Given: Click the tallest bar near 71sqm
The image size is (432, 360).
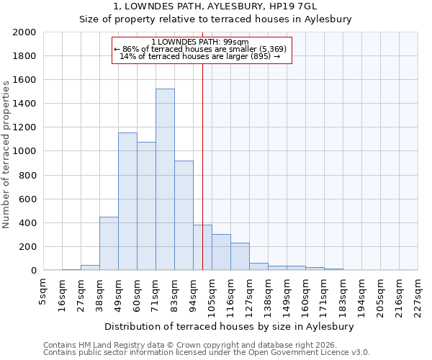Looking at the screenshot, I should tap(165, 179).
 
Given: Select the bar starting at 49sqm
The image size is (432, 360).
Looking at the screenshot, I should tap(127, 202).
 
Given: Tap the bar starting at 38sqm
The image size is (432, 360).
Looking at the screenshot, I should tap(109, 243).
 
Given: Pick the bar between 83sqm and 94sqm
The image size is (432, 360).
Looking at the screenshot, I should tap(184, 215).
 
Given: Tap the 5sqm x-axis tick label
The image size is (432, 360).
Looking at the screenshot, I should tap(43, 292).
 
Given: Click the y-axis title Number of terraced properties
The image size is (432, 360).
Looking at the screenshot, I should tap(6, 155).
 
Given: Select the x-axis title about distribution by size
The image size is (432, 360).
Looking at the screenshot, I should tap(234, 326).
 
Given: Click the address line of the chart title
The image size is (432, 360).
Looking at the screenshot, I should tap(215, 6).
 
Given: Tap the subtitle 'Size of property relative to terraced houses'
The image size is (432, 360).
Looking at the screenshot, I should tap(215, 19).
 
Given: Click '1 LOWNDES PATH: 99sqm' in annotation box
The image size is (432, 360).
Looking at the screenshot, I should tap(201, 42).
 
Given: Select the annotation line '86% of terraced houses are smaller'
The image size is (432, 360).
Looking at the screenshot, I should tap(201, 49).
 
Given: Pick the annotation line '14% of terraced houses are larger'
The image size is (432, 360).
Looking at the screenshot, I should tap(201, 56).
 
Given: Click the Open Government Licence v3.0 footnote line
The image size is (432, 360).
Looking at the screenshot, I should tap(207, 352).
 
